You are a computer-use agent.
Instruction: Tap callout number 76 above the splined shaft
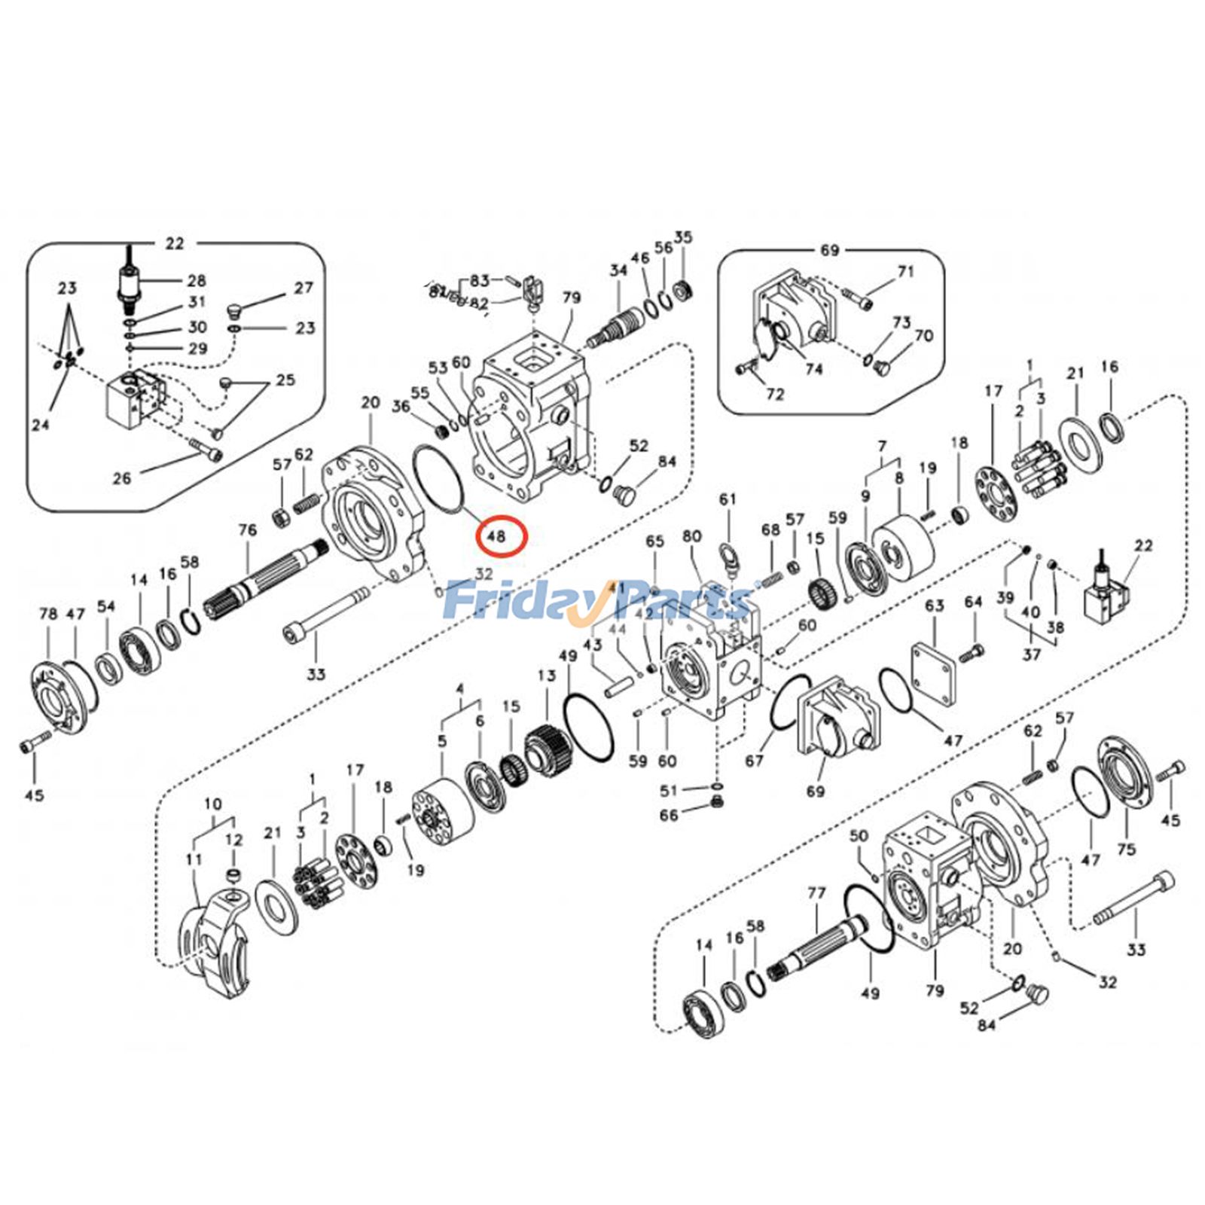tap(248, 530)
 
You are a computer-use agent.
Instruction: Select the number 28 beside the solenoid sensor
tap(197, 281)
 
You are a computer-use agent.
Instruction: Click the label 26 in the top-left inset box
tap(122, 477)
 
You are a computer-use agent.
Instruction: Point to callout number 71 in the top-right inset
tap(905, 271)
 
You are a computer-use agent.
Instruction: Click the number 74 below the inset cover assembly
tap(813, 369)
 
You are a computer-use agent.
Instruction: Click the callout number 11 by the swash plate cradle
tap(194, 859)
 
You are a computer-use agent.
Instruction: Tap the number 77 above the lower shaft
tap(817, 893)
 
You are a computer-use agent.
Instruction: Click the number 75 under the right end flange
tap(1126, 850)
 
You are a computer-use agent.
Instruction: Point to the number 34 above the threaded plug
tap(618, 270)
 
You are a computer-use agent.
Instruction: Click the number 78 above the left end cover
tap(48, 614)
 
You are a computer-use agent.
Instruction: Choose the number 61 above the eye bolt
tap(728, 499)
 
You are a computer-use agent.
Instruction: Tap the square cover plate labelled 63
tap(934, 664)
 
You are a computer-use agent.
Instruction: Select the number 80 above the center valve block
tap(692, 536)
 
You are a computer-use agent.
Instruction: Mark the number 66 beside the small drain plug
tap(669, 815)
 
